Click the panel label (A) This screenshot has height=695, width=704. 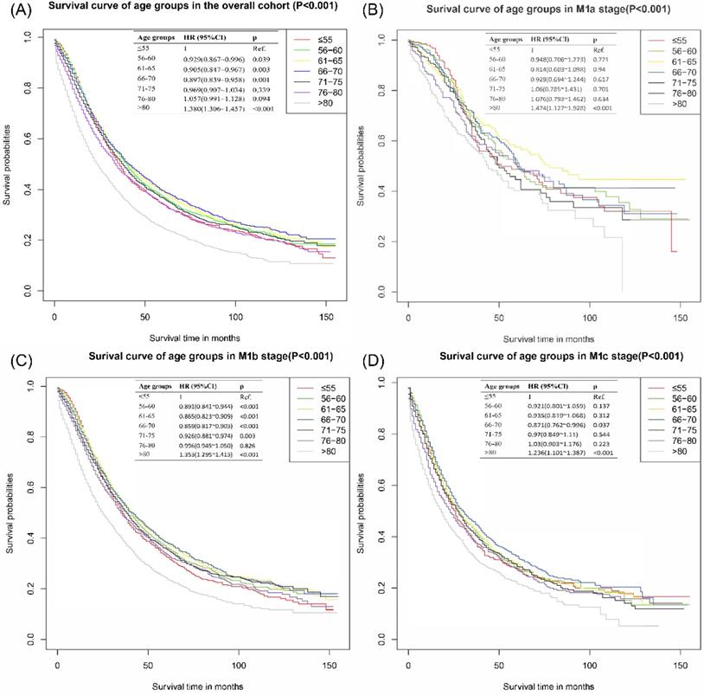(16, 10)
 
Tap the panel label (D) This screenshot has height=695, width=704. (368, 357)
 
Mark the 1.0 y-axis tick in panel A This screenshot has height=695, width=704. (29, 37)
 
